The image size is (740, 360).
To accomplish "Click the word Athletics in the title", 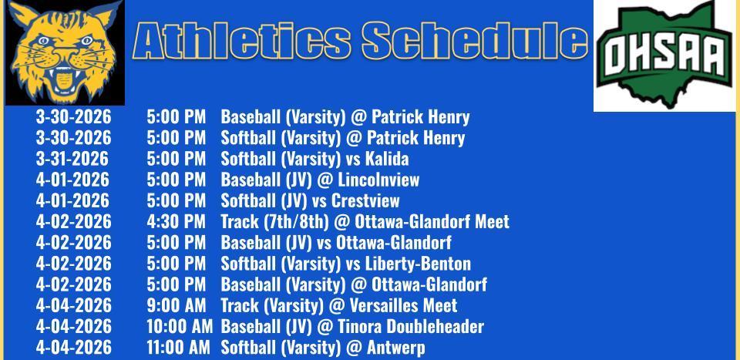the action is (242, 41).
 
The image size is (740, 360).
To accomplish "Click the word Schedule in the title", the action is (476, 41).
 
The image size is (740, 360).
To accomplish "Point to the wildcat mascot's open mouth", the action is (65, 79).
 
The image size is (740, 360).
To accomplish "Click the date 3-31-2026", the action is (72, 159).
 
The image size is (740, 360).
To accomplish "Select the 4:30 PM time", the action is (176, 221).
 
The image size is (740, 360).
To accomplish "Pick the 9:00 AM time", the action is (176, 305).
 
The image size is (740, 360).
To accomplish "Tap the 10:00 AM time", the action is (180, 327).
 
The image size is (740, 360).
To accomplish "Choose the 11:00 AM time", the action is (178, 348).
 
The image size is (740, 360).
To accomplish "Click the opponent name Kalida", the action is (387, 159).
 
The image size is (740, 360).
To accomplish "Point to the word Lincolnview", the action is (378, 180).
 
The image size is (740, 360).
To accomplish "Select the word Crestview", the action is (365, 200).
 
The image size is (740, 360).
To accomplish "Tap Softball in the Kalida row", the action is (249, 159).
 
